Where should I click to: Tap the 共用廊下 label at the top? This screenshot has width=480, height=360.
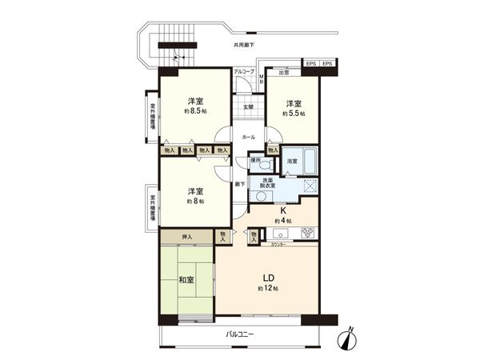click(x=244, y=46)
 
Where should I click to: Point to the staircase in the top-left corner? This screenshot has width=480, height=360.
click(x=177, y=43)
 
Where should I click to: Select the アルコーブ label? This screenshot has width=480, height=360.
click(x=243, y=72)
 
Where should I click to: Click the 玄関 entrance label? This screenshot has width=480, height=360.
click(x=248, y=107)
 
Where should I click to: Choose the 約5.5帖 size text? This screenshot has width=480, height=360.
click(x=294, y=114)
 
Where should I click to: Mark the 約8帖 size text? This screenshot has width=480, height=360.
click(x=194, y=202)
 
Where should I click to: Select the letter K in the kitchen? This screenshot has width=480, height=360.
click(x=282, y=211)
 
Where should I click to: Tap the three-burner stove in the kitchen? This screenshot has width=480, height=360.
click(x=307, y=233)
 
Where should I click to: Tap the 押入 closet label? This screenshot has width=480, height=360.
click(x=187, y=236)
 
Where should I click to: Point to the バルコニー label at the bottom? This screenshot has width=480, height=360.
click(x=239, y=334)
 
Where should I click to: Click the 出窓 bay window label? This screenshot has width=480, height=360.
click(x=283, y=72)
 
